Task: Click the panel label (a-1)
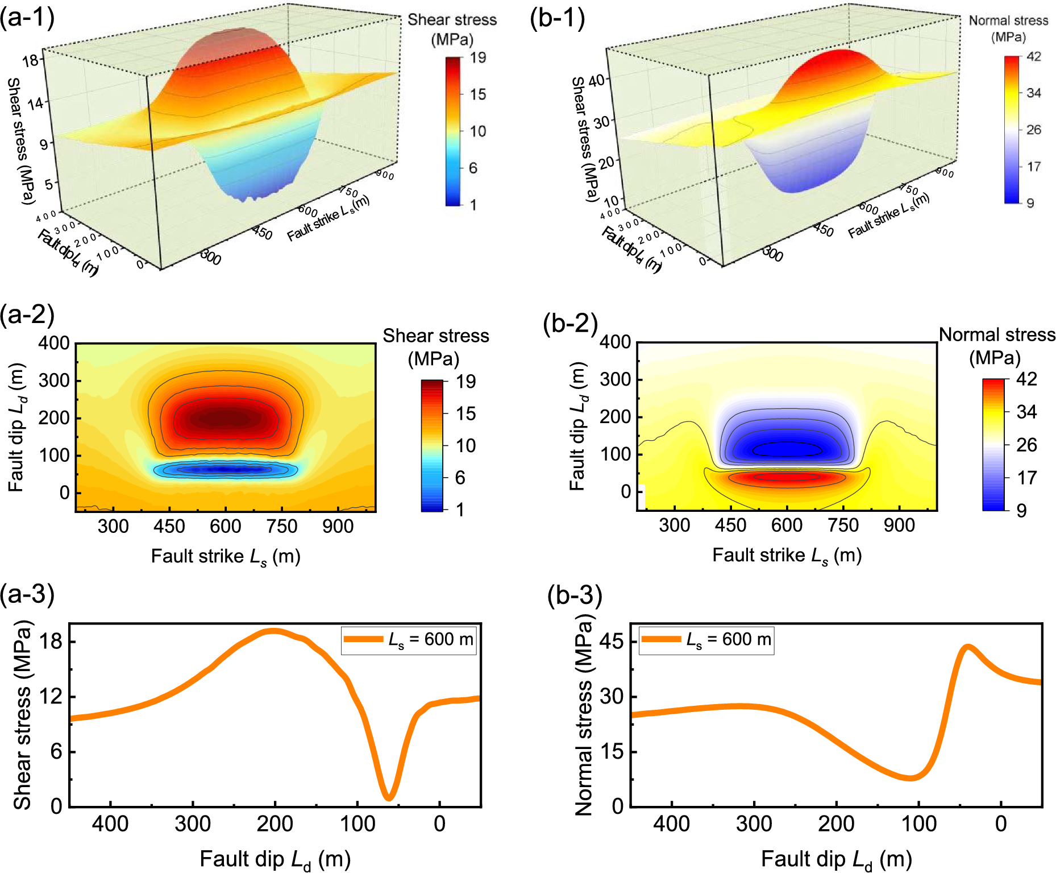tap(27, 18)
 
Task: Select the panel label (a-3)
tap(27, 594)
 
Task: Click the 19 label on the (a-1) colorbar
tap(478, 57)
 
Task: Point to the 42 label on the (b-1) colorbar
tap(1034, 56)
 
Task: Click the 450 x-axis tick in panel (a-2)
tap(169, 526)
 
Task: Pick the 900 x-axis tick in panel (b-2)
tap(899, 525)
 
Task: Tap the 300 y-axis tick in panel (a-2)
tap(54, 380)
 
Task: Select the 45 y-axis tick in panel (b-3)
tap(612, 642)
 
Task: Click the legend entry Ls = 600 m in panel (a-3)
tap(409, 640)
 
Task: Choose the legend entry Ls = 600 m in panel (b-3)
tap(706, 640)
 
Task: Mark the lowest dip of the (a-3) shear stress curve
tap(389, 797)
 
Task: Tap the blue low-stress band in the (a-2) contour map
tap(226, 469)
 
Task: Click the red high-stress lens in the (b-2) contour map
tap(786, 477)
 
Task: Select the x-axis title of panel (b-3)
tap(836, 859)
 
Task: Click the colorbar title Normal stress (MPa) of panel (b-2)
tap(997, 346)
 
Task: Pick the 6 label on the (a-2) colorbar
tap(460, 478)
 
